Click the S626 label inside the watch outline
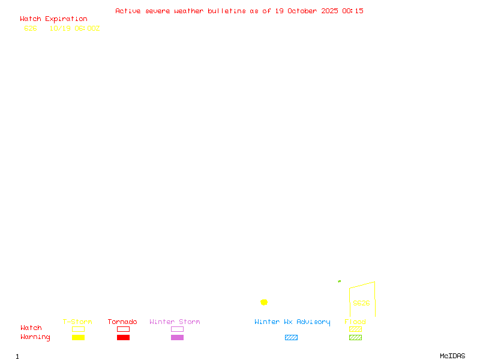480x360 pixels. pos(361,303)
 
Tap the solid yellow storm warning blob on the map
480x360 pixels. pos(264,302)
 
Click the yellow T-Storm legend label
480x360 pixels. pos(77,322)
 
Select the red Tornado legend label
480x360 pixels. pos(122,322)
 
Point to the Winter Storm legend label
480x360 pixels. pos(175,322)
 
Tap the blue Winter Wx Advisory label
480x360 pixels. pos(292,322)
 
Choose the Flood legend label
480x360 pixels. pos(355,322)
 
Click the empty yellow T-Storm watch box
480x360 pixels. pos(78,329)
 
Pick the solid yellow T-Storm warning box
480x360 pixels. pos(78,337)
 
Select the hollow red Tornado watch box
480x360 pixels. pos(123,329)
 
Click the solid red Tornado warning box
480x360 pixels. pos(123,337)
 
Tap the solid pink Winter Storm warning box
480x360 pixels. pos(177,337)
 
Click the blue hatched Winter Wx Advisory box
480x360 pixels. pos(291,337)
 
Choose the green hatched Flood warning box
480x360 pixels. pos(355,337)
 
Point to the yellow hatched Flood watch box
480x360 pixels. pos(355,329)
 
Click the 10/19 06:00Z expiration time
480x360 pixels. pos(74,28)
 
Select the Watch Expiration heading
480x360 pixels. pos(53,19)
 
